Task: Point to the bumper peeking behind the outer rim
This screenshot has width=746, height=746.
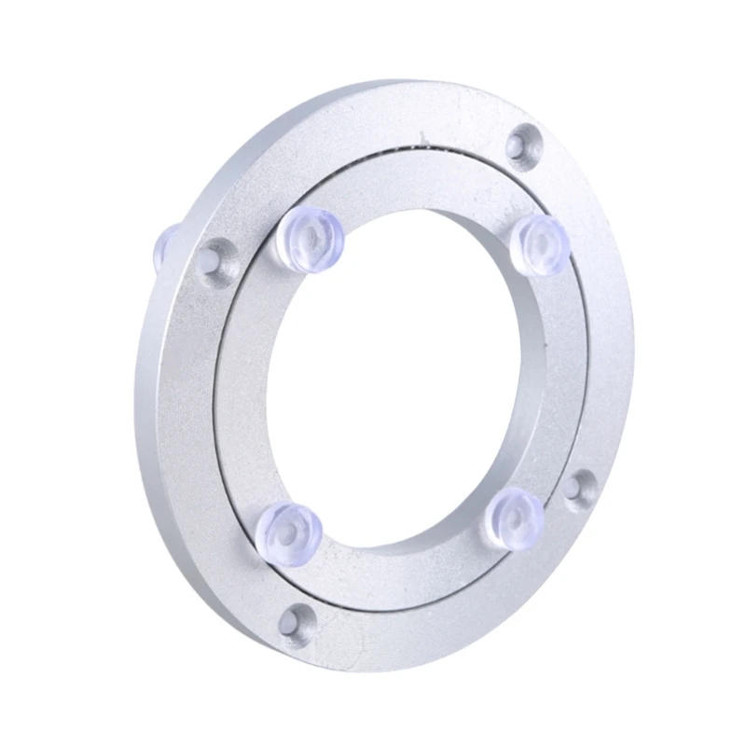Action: (166, 241)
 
